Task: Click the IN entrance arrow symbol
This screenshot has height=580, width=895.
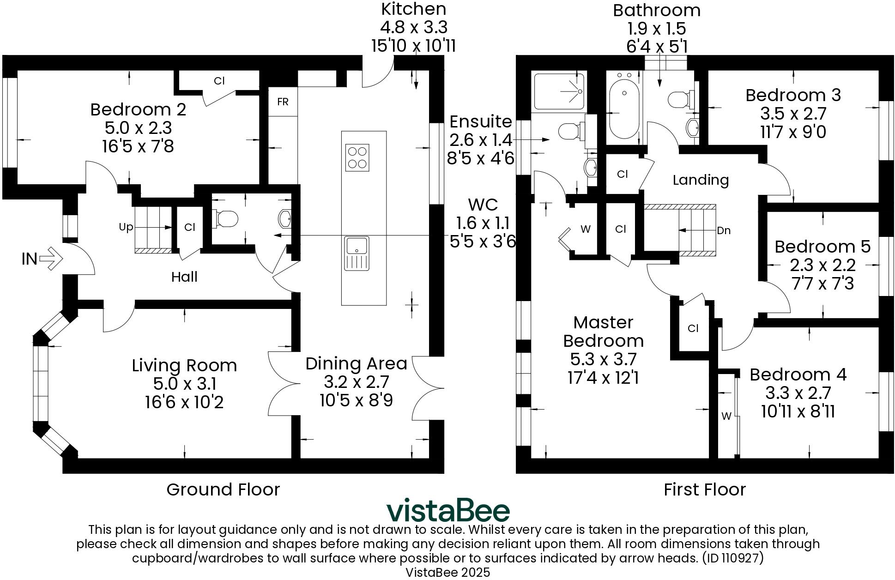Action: click(x=50, y=259)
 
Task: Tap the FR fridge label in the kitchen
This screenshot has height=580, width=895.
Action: click(x=283, y=102)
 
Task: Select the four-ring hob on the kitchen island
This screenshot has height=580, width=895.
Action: click(x=357, y=157)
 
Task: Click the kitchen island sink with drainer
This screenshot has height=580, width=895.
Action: click(x=357, y=254)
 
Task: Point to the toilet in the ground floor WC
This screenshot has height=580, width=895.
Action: click(x=225, y=218)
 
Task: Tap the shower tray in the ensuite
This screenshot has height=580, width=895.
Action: click(x=560, y=91)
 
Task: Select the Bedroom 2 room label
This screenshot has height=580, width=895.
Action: click(x=138, y=109)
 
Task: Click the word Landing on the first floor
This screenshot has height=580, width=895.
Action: click(x=700, y=180)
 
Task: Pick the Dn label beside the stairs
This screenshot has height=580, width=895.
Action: click(x=724, y=230)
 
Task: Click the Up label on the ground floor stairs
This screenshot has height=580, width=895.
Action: click(x=126, y=227)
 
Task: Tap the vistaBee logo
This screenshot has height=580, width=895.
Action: click(x=447, y=510)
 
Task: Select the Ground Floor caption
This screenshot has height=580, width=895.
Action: click(x=223, y=489)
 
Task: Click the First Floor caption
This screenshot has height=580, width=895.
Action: click(x=704, y=489)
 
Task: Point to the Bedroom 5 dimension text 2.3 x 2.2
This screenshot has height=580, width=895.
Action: click(x=822, y=265)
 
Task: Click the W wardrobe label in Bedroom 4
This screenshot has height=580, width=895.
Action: click(x=726, y=416)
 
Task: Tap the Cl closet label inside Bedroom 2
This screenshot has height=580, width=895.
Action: click(x=219, y=81)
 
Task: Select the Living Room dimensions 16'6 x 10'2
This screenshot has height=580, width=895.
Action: click(x=184, y=402)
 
